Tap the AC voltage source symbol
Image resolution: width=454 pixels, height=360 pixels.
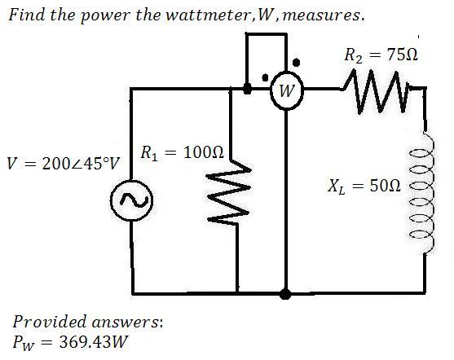click(x=132, y=200)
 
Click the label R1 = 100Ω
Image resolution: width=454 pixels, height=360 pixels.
click(x=183, y=153)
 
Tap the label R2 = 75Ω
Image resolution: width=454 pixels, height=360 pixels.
click(x=381, y=55)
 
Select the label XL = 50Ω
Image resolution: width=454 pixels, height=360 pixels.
click(x=365, y=186)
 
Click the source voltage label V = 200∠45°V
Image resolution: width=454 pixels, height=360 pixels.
click(x=64, y=163)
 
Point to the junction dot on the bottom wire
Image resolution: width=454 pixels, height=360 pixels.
click(x=285, y=294)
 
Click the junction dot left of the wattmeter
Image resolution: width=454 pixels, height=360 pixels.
click(x=247, y=89)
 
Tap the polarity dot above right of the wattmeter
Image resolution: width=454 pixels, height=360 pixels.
click(x=296, y=62)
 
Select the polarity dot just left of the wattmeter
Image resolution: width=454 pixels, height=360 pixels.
click(x=265, y=77)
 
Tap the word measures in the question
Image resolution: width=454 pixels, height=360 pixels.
click(x=321, y=15)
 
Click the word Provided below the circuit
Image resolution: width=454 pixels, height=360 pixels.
click(x=50, y=322)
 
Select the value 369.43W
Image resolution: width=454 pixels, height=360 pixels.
click(x=93, y=342)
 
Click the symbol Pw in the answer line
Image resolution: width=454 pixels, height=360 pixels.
click(x=23, y=343)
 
